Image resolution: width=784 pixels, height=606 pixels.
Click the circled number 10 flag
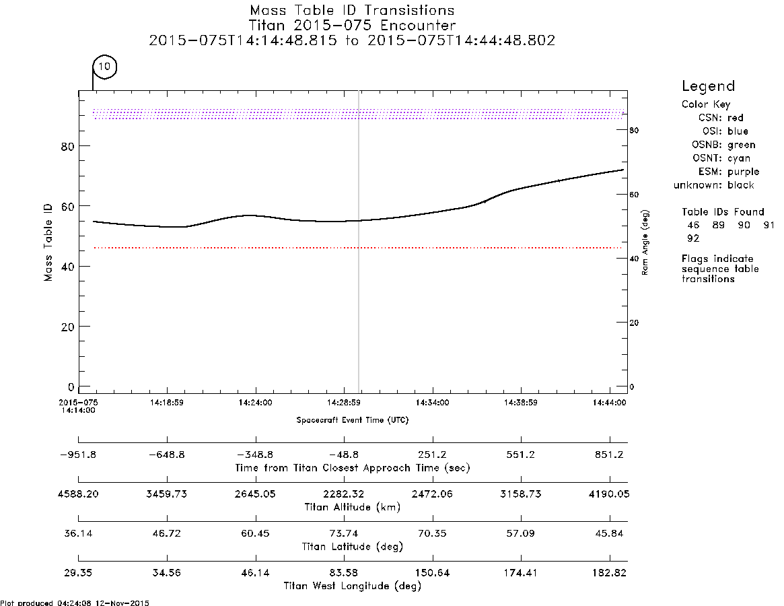click(x=104, y=67)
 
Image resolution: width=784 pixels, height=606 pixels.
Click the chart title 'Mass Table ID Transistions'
click(x=352, y=10)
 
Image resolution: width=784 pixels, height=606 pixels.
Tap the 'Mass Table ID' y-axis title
click(x=48, y=242)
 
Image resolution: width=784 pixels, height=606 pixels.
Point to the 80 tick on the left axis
click(x=68, y=147)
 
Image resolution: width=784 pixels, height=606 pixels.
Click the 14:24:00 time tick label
click(x=255, y=403)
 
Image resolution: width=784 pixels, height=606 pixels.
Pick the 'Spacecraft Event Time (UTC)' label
click(x=353, y=420)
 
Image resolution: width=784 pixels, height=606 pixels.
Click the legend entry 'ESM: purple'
click(x=729, y=172)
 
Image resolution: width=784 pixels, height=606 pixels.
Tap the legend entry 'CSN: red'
click(x=721, y=118)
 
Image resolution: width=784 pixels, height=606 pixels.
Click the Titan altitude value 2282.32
click(x=344, y=494)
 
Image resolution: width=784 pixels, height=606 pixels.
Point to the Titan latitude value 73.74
click(x=344, y=533)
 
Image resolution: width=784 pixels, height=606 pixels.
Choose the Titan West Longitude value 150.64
click(x=433, y=572)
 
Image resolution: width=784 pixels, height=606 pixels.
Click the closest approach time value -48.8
click(x=344, y=455)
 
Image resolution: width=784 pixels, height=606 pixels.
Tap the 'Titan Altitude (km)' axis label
click(x=353, y=508)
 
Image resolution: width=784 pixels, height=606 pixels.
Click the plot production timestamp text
click(x=75, y=603)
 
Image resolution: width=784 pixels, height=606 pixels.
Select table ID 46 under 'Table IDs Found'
click(x=693, y=225)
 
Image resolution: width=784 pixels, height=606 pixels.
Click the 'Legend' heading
click(x=708, y=86)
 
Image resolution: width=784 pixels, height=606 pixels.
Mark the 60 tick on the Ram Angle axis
click(x=634, y=195)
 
